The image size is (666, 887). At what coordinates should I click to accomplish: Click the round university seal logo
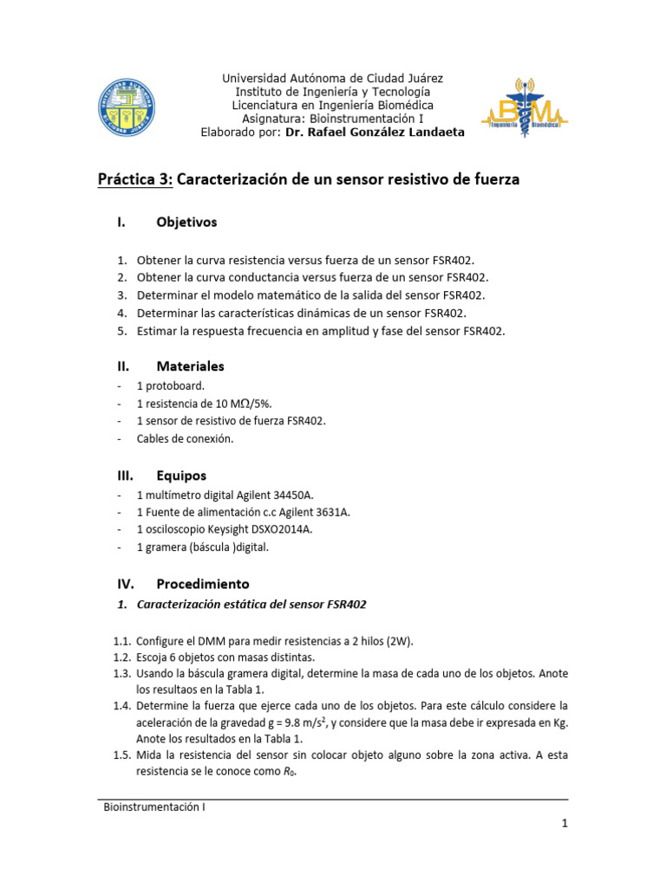pyautogui.click(x=127, y=110)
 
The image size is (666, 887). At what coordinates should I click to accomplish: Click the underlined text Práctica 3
pyautogui.click(x=135, y=180)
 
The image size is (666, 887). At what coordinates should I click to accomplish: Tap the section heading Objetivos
pyautogui.click(x=186, y=223)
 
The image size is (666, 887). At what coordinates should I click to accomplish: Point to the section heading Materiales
pyautogui.click(x=190, y=366)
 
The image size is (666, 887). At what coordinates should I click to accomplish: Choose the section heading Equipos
pyautogui.click(x=181, y=476)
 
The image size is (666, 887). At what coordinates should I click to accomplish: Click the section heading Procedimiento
pyautogui.click(x=202, y=584)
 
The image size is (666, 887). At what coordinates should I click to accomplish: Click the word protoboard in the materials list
pyautogui.click(x=175, y=385)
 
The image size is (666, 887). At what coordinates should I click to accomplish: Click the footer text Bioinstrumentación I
pyautogui.click(x=154, y=807)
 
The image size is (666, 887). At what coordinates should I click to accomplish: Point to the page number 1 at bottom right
pyautogui.click(x=564, y=825)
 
